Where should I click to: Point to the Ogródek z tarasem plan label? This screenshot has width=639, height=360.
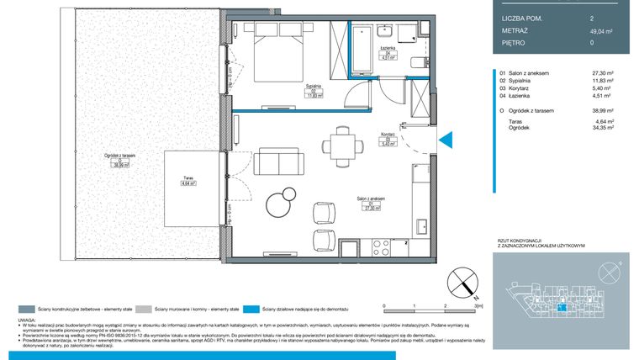click(x=120, y=157)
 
